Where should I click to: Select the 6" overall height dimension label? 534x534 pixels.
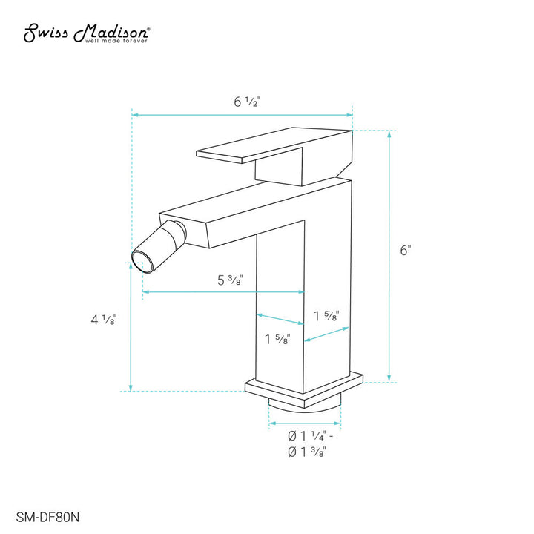click(405, 251)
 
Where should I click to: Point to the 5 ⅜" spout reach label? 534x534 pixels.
click(231, 280)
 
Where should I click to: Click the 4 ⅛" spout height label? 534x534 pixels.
click(104, 320)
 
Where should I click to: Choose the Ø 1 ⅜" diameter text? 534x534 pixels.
click(303, 452)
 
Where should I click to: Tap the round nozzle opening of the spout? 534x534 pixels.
click(139, 259)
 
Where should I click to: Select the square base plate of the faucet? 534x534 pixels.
click(304, 390)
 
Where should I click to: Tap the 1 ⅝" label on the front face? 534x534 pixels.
click(277, 340)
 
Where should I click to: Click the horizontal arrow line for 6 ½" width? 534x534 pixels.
click(242, 114)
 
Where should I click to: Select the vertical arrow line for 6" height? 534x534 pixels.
click(389, 256)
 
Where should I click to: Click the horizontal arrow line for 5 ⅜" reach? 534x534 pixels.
click(222, 292)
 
